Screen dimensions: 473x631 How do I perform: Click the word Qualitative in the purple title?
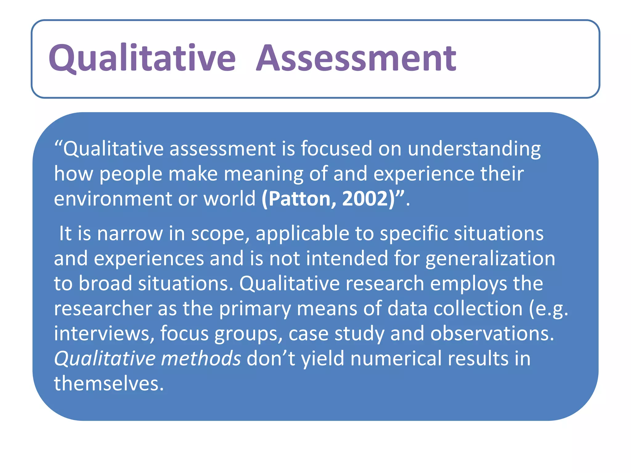click(142, 58)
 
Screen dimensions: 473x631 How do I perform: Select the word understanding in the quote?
click(474, 149)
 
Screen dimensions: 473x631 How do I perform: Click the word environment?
click(113, 199)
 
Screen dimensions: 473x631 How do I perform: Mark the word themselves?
click(109, 384)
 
